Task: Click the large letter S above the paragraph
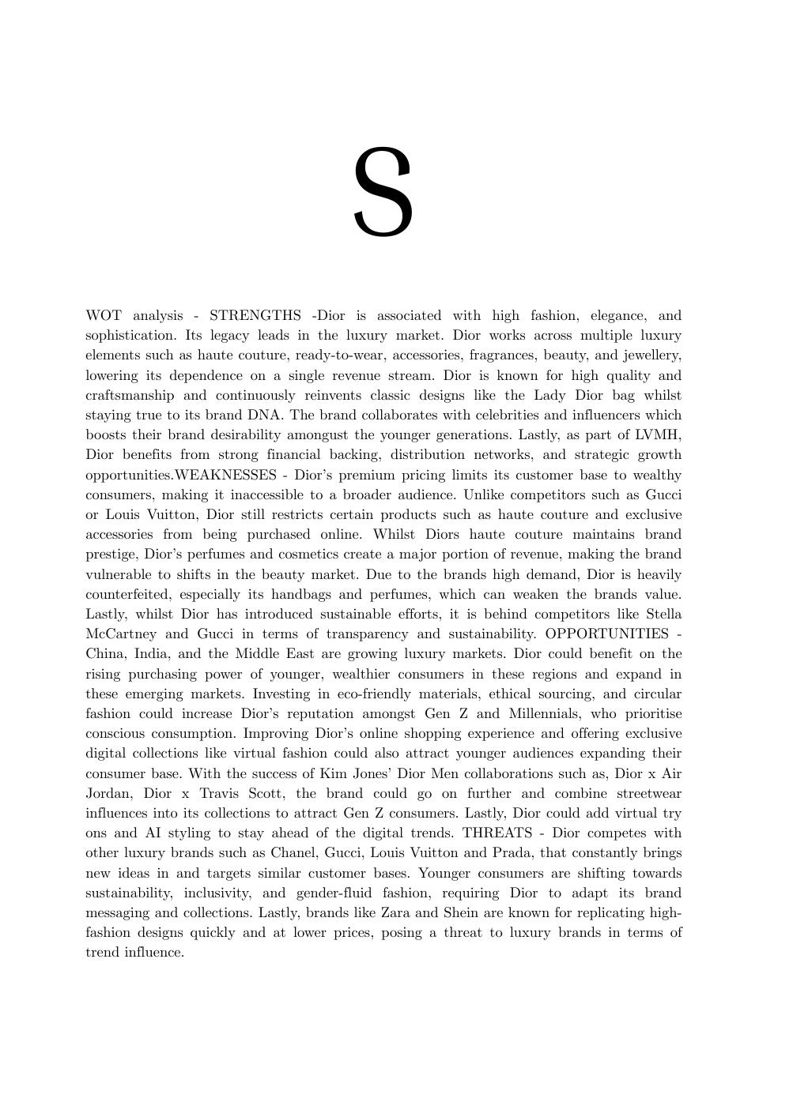(383, 193)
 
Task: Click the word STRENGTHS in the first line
(255, 316)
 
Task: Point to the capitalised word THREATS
(497, 833)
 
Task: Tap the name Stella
(663, 615)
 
